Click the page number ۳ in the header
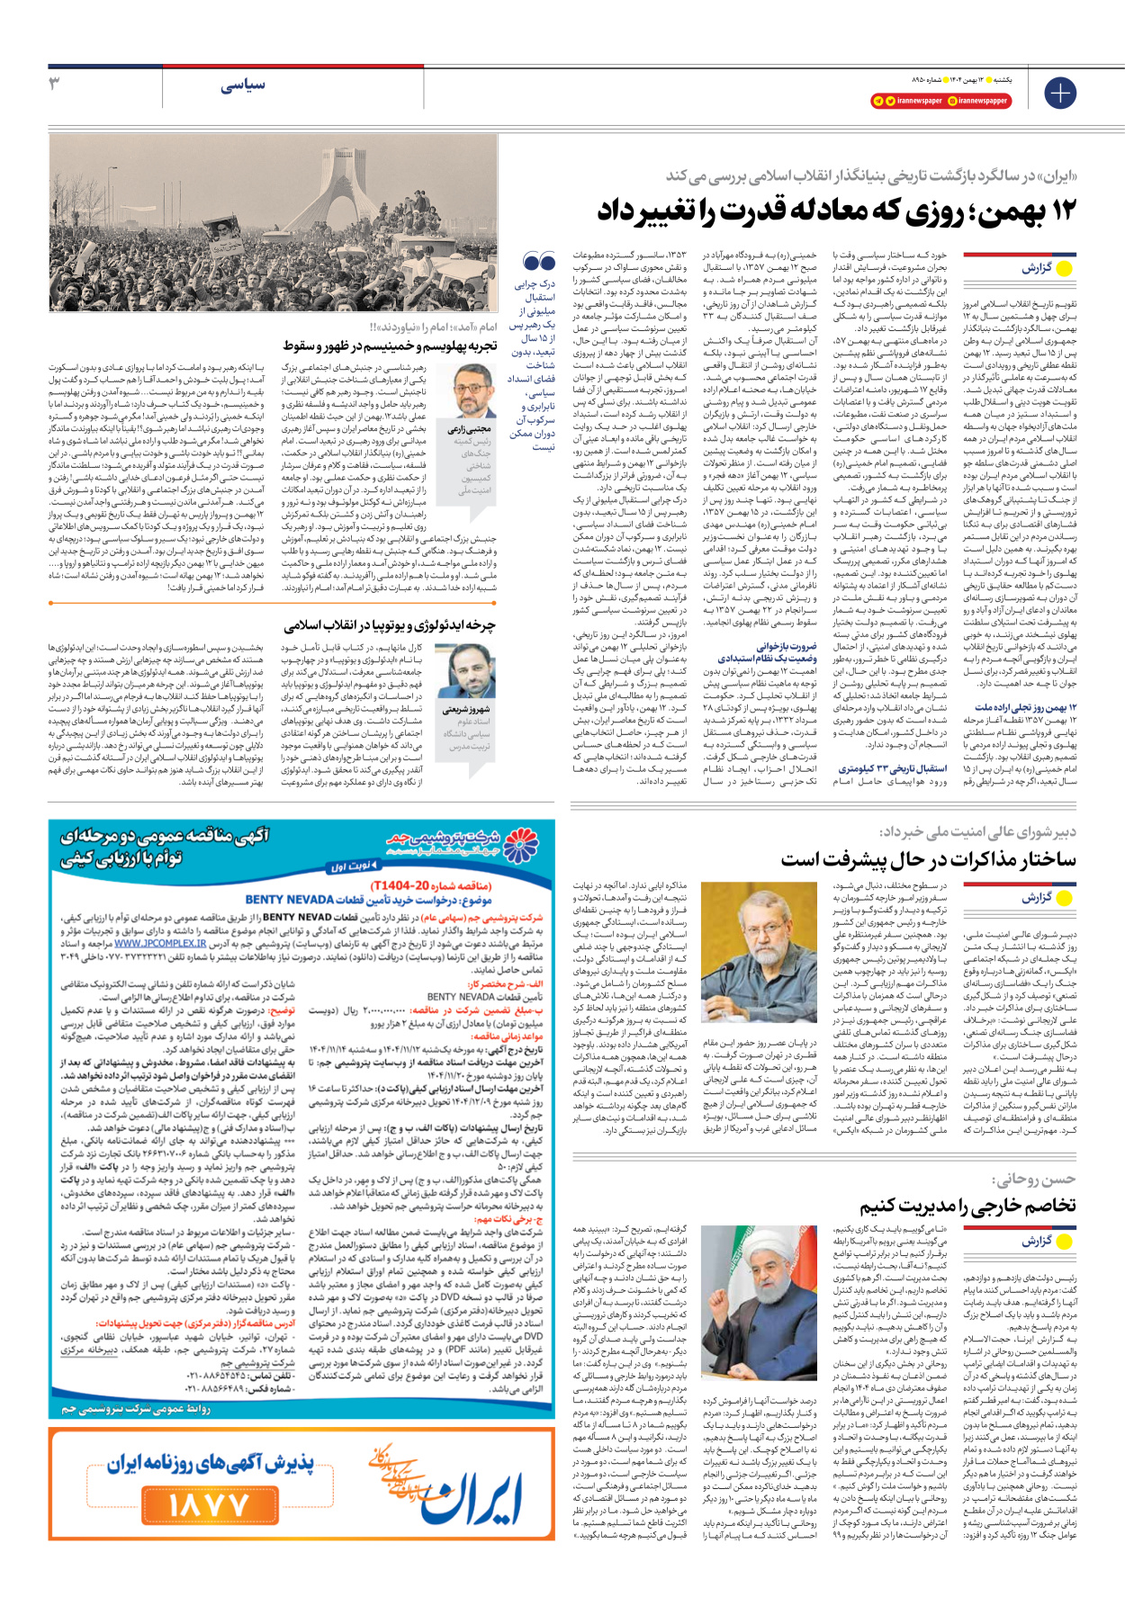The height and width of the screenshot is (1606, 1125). point(54,84)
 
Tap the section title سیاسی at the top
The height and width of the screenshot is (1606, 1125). point(243,85)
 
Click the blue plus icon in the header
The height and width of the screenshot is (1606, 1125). point(1060,93)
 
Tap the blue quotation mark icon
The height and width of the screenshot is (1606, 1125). point(539,262)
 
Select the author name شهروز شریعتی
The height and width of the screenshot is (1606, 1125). point(467,710)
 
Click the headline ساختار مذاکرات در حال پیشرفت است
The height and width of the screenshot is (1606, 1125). point(928,859)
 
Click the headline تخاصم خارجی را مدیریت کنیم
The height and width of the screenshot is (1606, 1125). point(967,1206)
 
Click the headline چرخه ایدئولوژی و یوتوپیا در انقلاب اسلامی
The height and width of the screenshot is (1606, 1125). point(389,625)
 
